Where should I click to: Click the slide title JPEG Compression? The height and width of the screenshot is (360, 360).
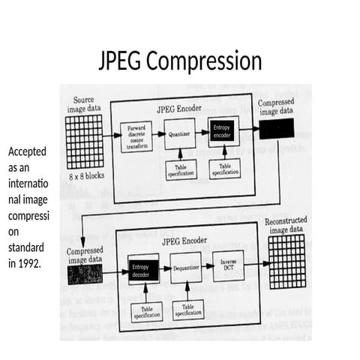point(180,60)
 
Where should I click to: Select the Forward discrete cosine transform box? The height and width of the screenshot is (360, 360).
point(136,136)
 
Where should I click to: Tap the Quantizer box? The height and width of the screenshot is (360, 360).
point(179,135)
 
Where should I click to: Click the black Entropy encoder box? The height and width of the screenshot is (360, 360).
point(223,132)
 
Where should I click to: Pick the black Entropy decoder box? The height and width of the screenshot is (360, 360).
point(142,271)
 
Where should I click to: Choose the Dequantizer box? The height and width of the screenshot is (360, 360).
point(186,267)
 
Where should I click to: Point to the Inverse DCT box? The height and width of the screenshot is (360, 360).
point(228,265)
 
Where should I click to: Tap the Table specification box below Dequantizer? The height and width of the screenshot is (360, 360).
point(188,310)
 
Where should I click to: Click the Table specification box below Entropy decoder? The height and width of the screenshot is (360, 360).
point(147,312)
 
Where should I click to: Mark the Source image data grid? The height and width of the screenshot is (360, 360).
point(84,142)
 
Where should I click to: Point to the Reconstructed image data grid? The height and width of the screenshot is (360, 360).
point(286,260)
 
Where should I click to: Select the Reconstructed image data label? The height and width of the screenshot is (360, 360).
point(286,224)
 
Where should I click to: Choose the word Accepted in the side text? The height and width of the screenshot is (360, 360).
point(27,151)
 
